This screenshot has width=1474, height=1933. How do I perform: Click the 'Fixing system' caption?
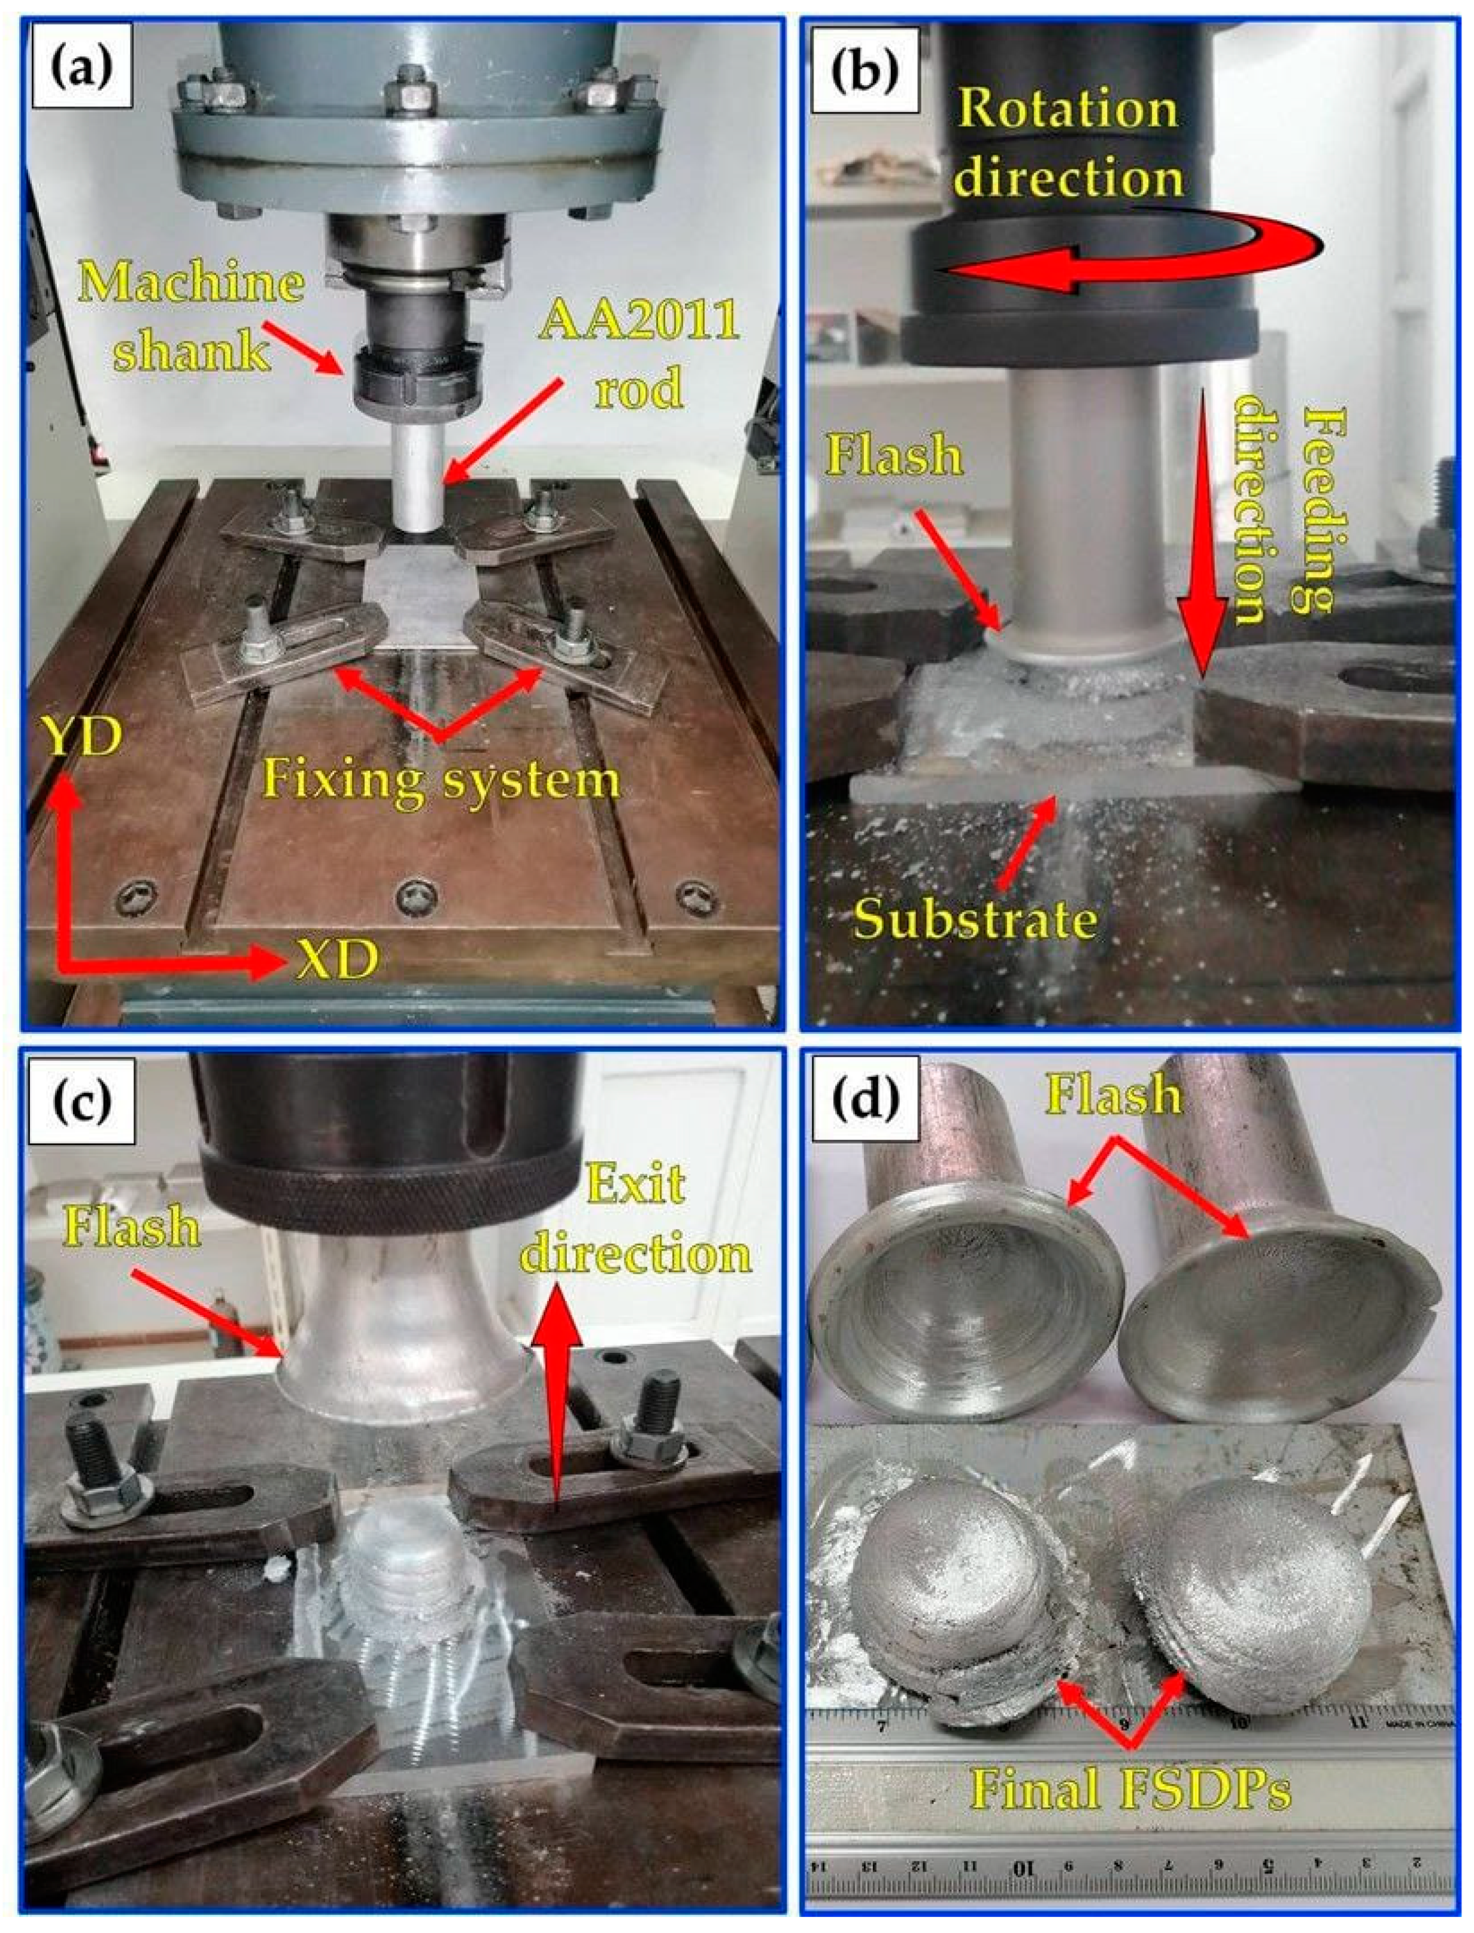[x=441, y=778]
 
